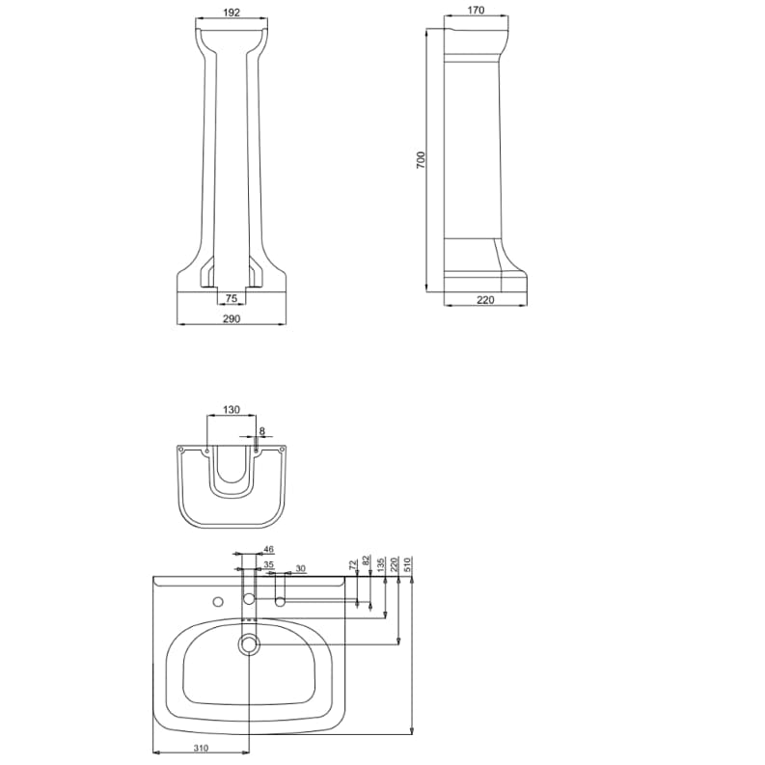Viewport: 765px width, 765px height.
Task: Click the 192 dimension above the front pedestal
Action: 232,13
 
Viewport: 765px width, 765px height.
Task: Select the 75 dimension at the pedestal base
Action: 232,298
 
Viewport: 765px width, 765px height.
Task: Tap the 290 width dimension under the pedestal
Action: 232,318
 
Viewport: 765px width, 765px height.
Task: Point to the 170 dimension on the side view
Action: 476,10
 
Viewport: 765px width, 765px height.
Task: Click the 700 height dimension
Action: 421,160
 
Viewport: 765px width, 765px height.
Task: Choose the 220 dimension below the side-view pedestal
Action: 485,300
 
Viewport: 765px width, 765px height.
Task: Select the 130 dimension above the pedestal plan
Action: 232,409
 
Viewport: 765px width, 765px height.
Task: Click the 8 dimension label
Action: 262,431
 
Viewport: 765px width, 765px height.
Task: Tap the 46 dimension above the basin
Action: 268,549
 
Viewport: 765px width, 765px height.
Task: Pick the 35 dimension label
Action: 268,565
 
